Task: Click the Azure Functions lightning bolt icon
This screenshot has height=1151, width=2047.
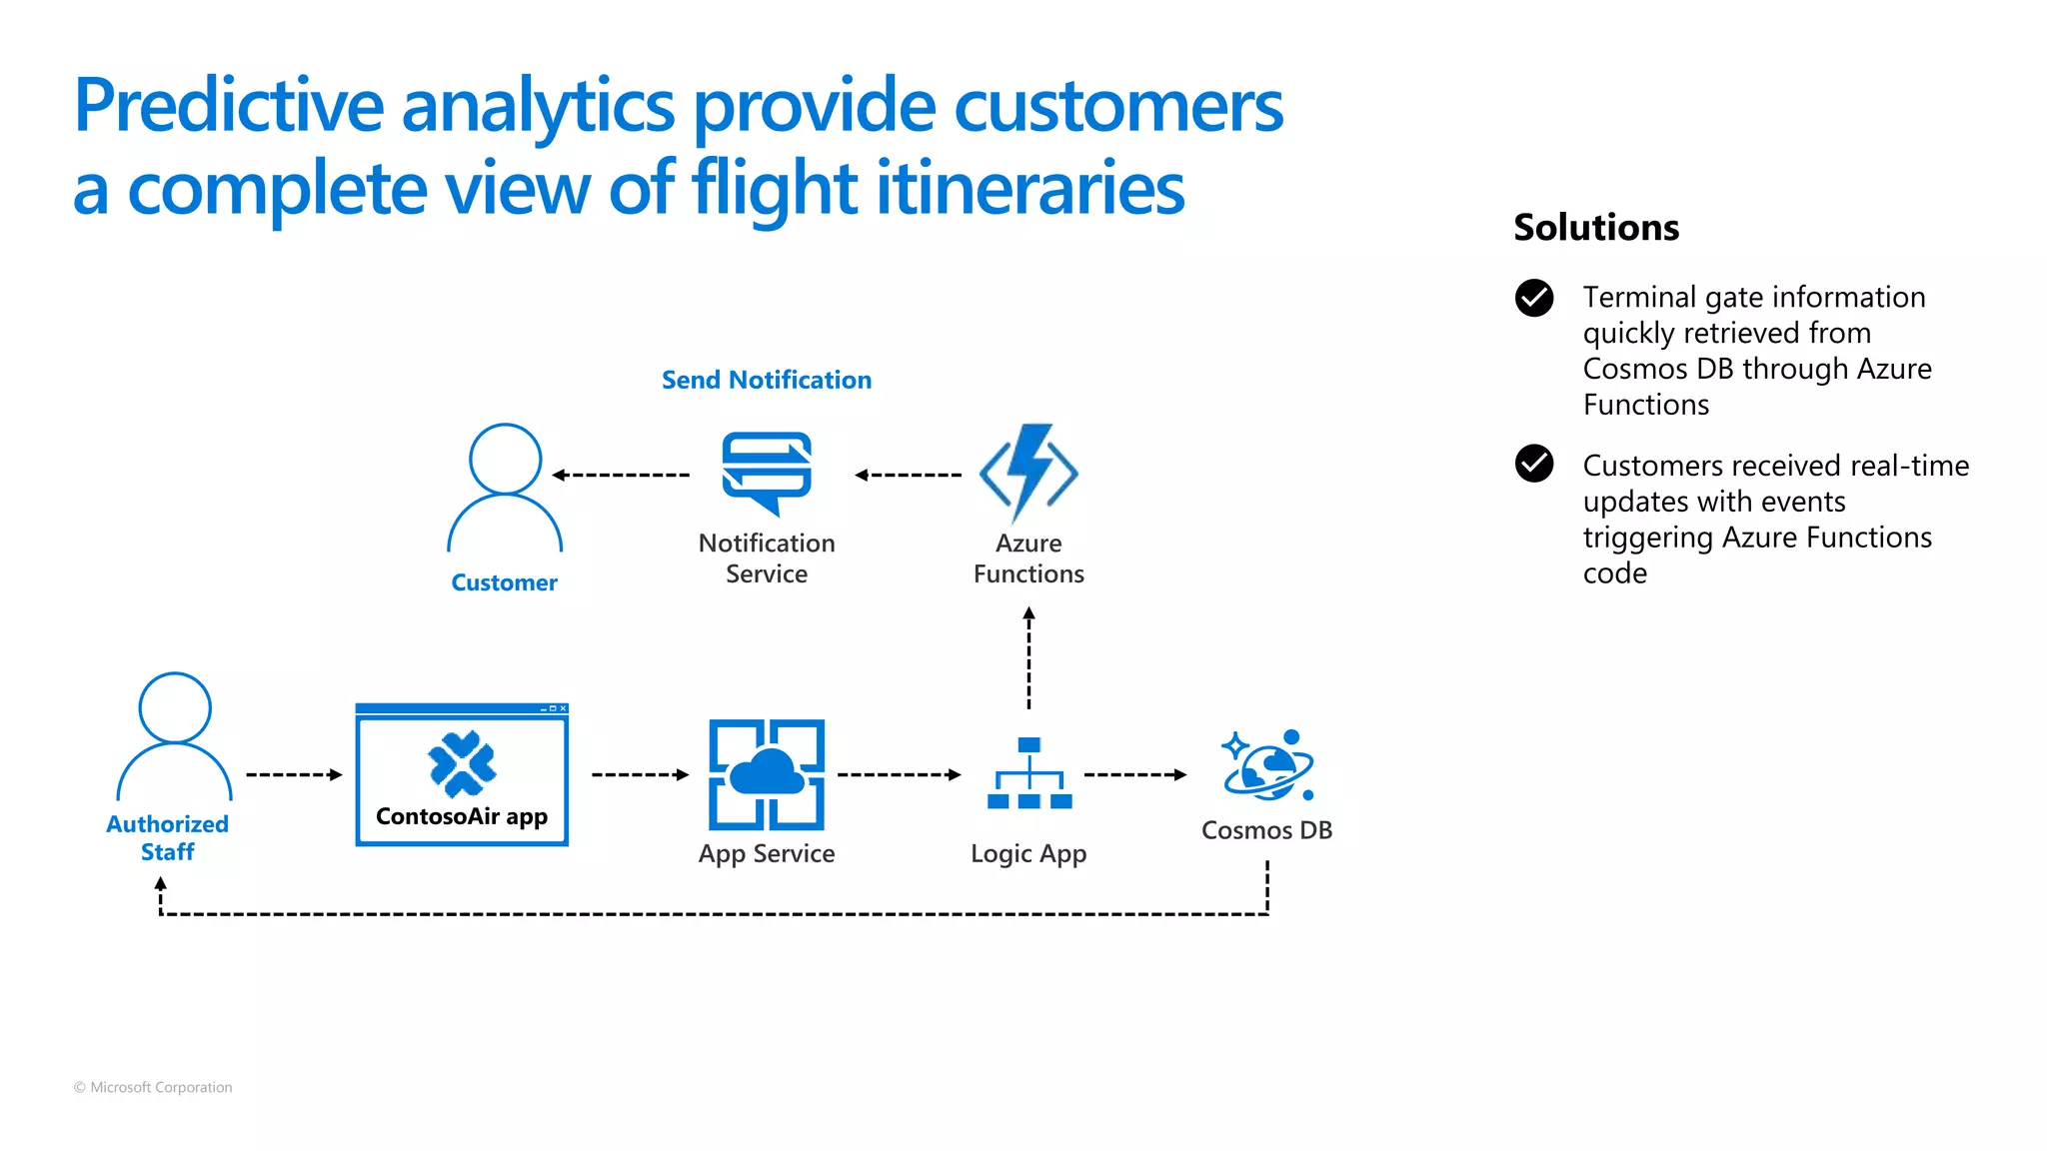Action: pos(1028,473)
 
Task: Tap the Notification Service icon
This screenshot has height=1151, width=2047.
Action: pos(767,472)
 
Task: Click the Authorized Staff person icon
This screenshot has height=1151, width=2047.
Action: pos(175,736)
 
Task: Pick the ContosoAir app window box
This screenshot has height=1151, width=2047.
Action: pos(462,775)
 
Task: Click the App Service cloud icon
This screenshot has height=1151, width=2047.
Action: pos(767,774)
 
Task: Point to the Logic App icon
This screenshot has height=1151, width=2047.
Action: pos(1028,773)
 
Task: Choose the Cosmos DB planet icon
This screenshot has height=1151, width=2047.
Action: pos(1267,765)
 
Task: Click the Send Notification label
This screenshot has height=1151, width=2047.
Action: pos(767,380)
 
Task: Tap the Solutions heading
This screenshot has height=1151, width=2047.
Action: pos(1596,228)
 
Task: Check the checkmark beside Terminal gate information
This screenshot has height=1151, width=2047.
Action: pos(1534,298)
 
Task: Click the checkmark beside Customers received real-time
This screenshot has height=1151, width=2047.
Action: pos(1534,464)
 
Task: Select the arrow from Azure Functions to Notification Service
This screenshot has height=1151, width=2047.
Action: pos(908,475)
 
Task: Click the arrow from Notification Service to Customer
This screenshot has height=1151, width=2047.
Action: pos(621,475)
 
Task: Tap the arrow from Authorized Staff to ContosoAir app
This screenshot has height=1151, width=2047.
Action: pos(294,774)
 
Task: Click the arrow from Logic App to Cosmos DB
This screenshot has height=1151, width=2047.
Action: pos(1135,774)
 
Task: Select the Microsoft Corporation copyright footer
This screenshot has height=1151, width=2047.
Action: pos(153,1087)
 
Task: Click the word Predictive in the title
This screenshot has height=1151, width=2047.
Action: pos(229,106)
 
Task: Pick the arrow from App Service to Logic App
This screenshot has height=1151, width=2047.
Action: pos(899,774)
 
